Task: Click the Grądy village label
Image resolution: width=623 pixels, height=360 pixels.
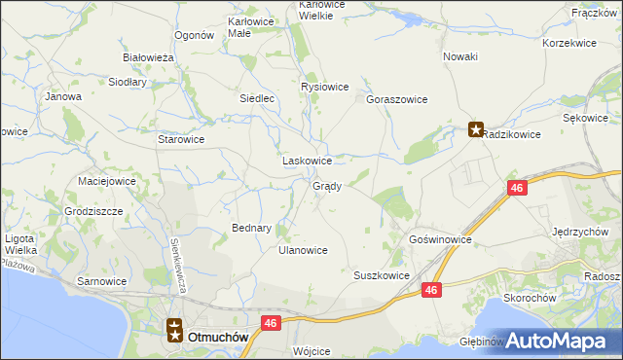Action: [326, 187]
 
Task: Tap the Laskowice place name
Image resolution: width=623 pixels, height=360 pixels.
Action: [307, 161]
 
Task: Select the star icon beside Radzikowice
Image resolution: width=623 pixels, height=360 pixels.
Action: [476, 128]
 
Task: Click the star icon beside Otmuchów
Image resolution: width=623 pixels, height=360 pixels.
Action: [174, 331]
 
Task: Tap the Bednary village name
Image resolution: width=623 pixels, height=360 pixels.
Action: [251, 228]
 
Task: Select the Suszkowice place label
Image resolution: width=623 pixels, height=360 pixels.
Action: [381, 275]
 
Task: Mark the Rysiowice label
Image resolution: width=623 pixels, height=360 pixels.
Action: [324, 87]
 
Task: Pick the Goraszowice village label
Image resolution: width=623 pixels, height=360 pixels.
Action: [397, 99]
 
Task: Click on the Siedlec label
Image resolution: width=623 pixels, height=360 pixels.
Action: [260, 98]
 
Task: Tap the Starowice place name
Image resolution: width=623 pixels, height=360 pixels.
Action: [181, 139]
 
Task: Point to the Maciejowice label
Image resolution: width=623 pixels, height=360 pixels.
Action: [106, 181]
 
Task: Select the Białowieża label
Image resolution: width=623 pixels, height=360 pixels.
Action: [148, 57]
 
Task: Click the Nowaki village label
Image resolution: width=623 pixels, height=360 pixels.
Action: [460, 56]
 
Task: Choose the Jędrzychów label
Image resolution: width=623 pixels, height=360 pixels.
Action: [580, 232]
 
